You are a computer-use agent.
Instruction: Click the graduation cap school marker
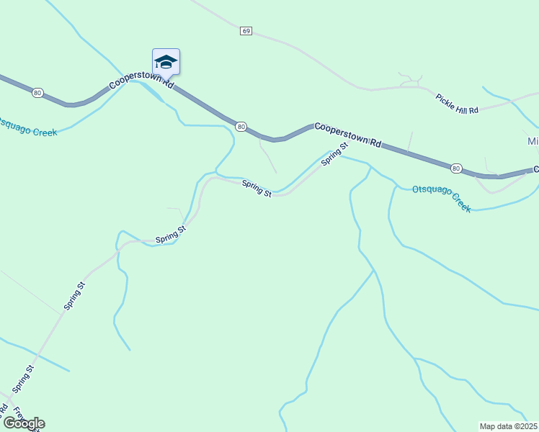pos(166,62)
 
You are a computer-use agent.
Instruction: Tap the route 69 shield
pos(246,31)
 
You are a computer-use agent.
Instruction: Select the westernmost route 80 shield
pos(38,92)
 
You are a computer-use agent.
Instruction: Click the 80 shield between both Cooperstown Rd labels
pos(241,127)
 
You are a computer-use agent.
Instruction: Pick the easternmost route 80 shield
pos(456,168)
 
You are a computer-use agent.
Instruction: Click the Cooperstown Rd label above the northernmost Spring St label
pos(347,133)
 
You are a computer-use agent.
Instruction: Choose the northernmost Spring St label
pos(334,153)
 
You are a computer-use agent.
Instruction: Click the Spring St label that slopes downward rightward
pos(257,188)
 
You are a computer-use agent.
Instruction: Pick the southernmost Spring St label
pos(23,379)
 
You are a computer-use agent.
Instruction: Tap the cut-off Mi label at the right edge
pos(533,141)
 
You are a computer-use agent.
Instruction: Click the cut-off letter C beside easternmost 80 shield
pos(535,170)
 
